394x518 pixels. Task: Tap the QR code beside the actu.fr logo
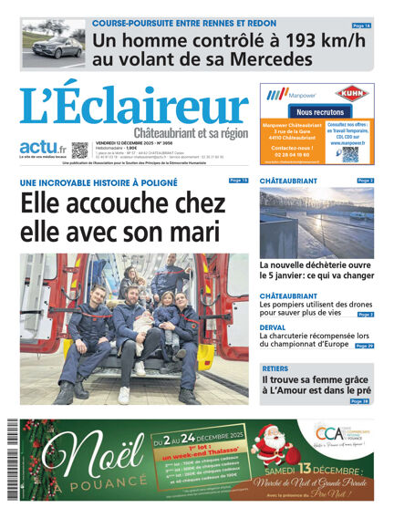click(79, 150)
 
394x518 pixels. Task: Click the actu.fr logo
click(43, 148)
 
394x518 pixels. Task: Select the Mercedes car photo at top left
click(54, 43)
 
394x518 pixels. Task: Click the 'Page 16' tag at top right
click(361, 26)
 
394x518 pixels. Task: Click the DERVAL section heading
click(275, 326)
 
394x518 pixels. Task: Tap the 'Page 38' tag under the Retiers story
click(360, 401)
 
